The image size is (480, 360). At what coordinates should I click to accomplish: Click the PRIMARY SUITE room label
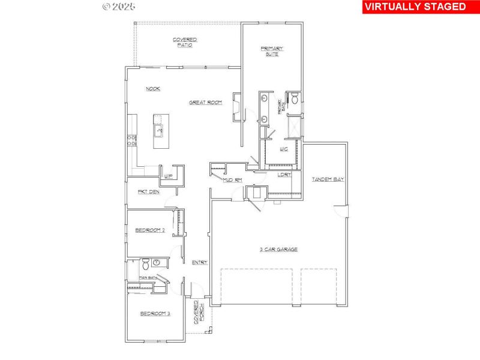272,51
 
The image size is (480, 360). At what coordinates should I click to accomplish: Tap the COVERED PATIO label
185,42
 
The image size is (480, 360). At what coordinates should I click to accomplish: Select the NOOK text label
153,89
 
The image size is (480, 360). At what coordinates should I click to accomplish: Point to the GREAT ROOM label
205,103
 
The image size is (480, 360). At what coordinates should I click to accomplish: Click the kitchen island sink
160,129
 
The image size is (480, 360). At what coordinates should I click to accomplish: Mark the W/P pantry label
169,176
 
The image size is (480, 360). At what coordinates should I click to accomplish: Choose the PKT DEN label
148,192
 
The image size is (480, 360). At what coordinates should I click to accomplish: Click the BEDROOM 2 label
149,230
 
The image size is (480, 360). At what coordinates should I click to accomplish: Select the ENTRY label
199,262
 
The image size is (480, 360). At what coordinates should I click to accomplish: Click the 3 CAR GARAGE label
278,249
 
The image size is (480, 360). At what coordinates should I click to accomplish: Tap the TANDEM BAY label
328,179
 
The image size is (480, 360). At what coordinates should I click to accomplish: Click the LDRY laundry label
284,175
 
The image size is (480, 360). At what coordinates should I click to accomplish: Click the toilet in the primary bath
294,99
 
